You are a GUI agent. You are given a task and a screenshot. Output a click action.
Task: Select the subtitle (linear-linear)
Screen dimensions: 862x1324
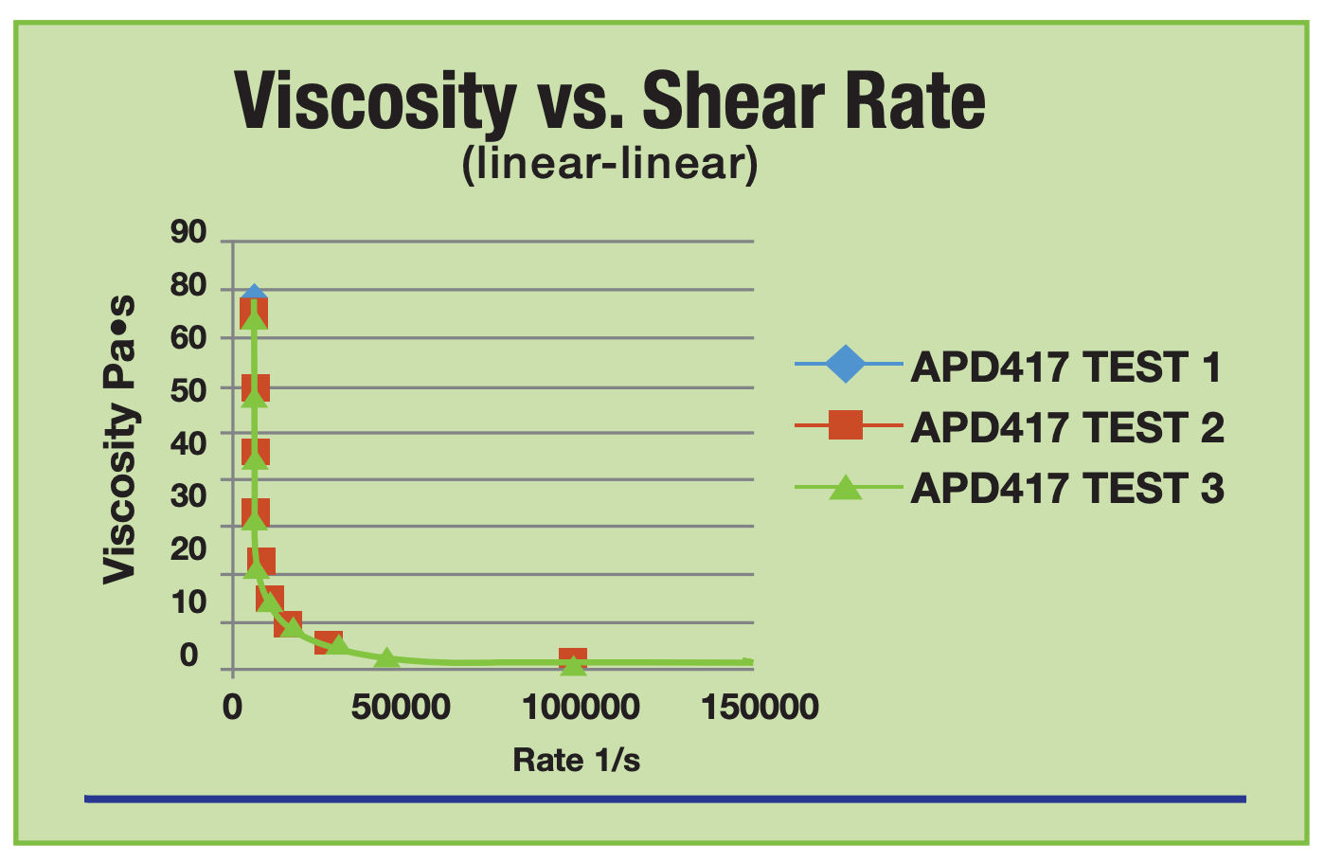(610, 164)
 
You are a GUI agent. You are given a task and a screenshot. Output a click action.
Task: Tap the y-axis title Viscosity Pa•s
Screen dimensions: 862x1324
(119, 440)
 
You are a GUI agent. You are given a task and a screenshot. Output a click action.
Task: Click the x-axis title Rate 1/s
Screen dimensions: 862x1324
(576, 760)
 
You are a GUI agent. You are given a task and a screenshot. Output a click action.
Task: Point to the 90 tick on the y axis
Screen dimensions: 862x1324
(188, 232)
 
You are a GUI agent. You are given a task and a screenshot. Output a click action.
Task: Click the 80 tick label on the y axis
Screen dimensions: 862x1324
(188, 285)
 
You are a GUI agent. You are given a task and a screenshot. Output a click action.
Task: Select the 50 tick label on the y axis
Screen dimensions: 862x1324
(188, 389)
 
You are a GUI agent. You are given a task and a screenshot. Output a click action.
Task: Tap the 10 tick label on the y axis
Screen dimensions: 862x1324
(188, 602)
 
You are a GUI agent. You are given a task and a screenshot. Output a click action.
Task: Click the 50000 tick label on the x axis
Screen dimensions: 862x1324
(401, 708)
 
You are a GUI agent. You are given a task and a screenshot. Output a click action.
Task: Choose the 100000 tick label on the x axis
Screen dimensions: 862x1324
(581, 708)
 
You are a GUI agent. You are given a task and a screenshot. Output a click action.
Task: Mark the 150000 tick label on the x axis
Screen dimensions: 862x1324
(760, 708)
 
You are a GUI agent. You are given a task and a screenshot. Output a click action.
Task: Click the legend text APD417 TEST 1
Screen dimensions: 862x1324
(1065, 368)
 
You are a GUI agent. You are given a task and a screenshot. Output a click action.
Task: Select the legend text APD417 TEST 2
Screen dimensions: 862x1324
(1066, 428)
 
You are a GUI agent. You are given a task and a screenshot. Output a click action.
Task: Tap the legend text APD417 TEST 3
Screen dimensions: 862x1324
(1066, 489)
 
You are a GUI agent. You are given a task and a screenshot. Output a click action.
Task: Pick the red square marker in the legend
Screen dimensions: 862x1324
(845, 425)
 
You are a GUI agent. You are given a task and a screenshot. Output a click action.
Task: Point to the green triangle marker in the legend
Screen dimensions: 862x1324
(845, 487)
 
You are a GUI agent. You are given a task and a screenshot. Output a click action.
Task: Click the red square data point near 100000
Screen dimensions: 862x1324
(572, 659)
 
